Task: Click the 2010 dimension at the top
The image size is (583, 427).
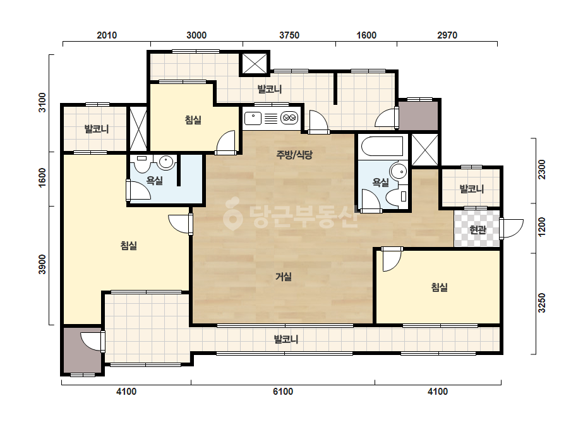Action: point(107,35)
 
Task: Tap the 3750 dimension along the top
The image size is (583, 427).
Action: point(289,35)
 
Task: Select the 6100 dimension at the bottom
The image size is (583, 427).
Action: point(283,392)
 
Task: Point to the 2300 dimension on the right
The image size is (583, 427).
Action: point(542,169)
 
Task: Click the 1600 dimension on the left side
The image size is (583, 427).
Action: point(42,177)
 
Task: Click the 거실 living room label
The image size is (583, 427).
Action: point(284,277)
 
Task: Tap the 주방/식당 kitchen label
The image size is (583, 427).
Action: point(294,155)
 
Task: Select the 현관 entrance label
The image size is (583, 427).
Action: point(478,230)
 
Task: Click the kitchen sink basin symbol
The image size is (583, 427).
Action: point(253,118)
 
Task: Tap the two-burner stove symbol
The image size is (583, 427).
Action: point(289,118)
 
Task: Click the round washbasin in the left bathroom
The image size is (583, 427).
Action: point(166,162)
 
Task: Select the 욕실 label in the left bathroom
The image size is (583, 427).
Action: point(154,181)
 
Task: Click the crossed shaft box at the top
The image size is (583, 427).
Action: point(255,63)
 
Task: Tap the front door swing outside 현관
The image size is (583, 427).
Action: point(512,229)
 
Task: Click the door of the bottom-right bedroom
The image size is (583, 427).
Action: point(392,259)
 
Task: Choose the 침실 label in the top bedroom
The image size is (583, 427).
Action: point(193,120)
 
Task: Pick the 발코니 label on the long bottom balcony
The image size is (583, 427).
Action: point(286,339)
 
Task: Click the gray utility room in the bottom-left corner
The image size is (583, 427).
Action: point(82,351)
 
